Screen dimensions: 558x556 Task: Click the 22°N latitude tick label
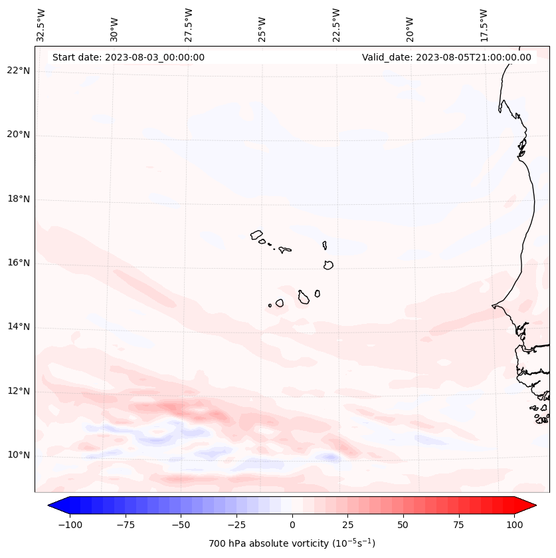pyautogui.click(x=18, y=71)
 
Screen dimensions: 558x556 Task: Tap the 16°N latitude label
pyautogui.click(x=18, y=263)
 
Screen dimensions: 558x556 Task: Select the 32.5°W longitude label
pyautogui.click(x=41, y=25)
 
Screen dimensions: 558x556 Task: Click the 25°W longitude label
pyautogui.click(x=262, y=25)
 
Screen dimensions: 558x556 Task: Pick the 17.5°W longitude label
pyautogui.click(x=484, y=25)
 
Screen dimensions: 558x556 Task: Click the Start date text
pyautogui.click(x=128, y=57)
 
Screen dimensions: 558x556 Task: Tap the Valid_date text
pyautogui.click(x=446, y=57)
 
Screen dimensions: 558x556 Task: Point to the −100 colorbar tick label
pyautogui.click(x=70, y=525)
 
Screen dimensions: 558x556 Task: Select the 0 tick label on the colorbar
pyautogui.click(x=292, y=525)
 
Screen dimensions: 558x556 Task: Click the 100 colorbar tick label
pyautogui.click(x=514, y=525)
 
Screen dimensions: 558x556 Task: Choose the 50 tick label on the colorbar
pyautogui.click(x=403, y=525)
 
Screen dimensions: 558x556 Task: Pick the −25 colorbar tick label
pyautogui.click(x=236, y=525)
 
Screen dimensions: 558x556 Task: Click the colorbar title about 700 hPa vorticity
pyautogui.click(x=292, y=544)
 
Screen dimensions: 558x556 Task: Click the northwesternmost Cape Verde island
pyautogui.click(x=256, y=234)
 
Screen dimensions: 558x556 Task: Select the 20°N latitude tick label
pyautogui.click(x=18, y=135)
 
